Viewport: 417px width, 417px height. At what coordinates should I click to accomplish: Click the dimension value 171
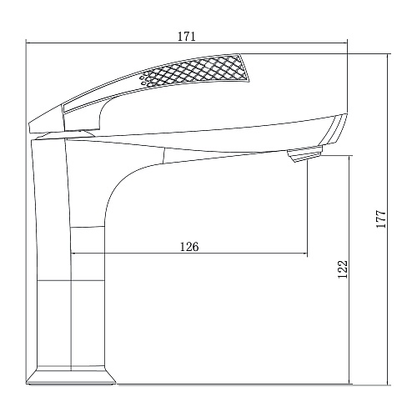click(187, 37)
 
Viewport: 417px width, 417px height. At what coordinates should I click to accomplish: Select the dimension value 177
click(381, 219)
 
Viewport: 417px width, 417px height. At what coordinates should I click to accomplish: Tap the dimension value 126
click(189, 247)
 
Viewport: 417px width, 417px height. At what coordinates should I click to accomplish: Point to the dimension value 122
click(343, 269)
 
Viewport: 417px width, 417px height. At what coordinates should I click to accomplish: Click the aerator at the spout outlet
click(304, 154)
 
